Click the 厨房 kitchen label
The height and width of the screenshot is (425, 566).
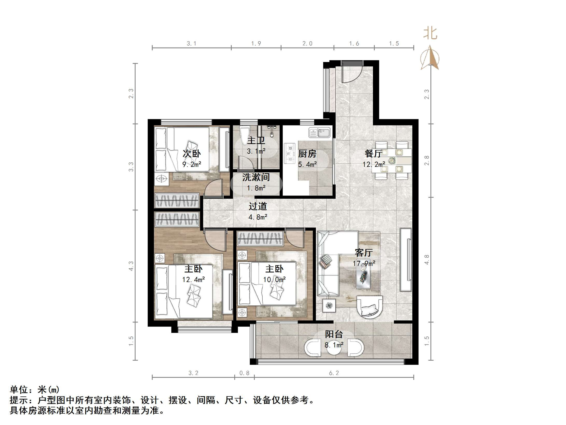[307, 154]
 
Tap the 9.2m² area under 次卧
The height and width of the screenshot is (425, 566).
[192, 164]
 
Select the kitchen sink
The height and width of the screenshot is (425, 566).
[320, 133]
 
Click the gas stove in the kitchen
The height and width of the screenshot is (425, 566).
[290, 154]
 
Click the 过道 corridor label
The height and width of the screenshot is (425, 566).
[258, 206]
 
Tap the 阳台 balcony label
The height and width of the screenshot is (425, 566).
[334, 334]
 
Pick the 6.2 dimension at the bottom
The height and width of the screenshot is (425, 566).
[334, 373]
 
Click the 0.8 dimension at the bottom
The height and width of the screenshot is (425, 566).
[245, 373]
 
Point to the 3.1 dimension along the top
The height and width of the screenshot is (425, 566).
[192, 44]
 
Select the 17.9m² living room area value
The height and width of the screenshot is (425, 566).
[364, 263]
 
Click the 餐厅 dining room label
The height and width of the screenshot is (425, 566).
[374, 154]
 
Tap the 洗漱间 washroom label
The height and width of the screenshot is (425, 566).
[256, 177]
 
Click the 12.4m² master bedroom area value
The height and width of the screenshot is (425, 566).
[193, 280]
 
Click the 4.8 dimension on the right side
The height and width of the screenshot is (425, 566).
[427, 260]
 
